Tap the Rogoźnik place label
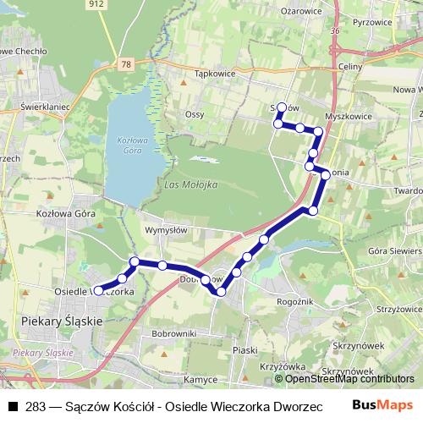(x=296, y=300)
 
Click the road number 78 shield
(x=126, y=64)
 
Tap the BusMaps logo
(x=388, y=405)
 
